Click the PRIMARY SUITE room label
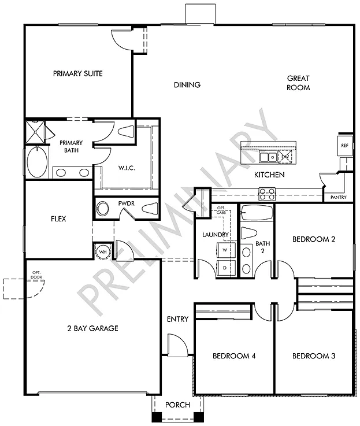[x=77, y=73]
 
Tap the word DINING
[x=187, y=85]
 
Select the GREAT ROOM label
[x=299, y=83]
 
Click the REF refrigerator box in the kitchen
[x=345, y=146]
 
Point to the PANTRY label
[x=339, y=197]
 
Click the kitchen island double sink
[x=267, y=157]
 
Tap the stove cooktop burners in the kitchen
[x=266, y=194]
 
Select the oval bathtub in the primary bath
[x=38, y=163]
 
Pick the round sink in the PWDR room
[x=103, y=209]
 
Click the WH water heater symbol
[x=102, y=251]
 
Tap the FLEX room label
[x=58, y=219]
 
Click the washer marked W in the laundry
[x=224, y=250]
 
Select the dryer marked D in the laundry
[x=224, y=268]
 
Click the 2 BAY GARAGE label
[x=92, y=328]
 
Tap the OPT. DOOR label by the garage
[x=38, y=275]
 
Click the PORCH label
[x=177, y=405]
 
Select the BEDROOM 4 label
[x=233, y=355]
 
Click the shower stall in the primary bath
[x=36, y=131]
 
